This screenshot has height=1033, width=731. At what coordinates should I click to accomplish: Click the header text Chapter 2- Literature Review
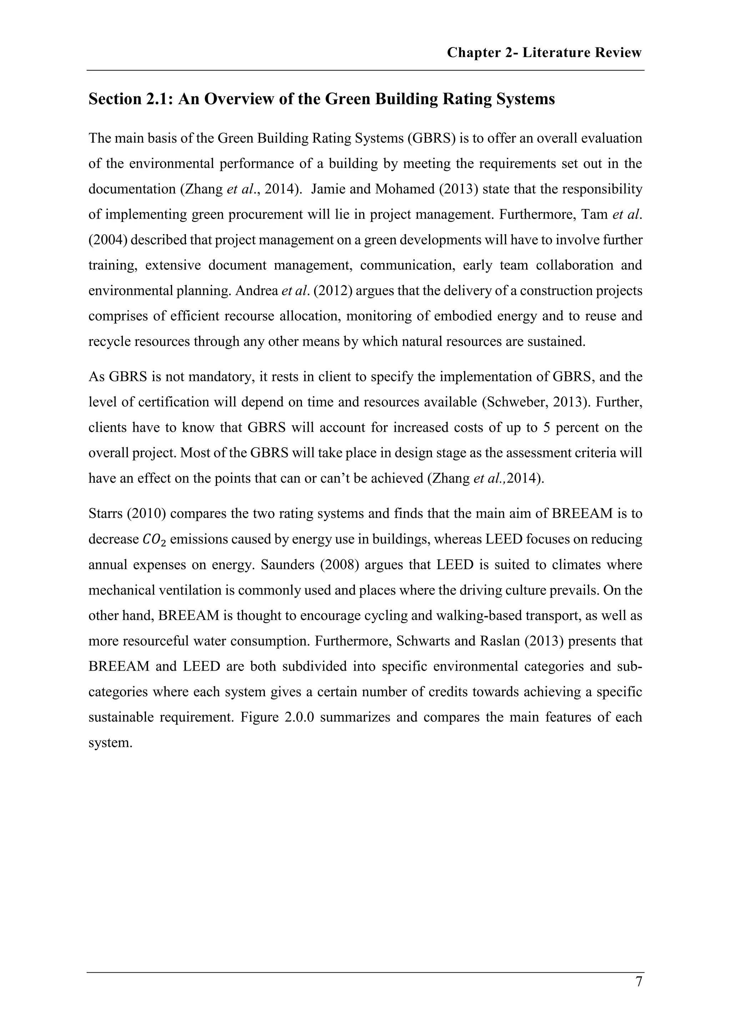(x=544, y=53)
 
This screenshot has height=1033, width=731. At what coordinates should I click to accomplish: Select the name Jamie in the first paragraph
(x=328, y=189)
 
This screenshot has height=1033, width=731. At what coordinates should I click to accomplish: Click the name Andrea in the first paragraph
(x=257, y=291)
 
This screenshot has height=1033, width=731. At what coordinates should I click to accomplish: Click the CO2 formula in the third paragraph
(x=154, y=539)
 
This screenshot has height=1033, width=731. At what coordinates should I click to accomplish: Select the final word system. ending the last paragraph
(x=110, y=742)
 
